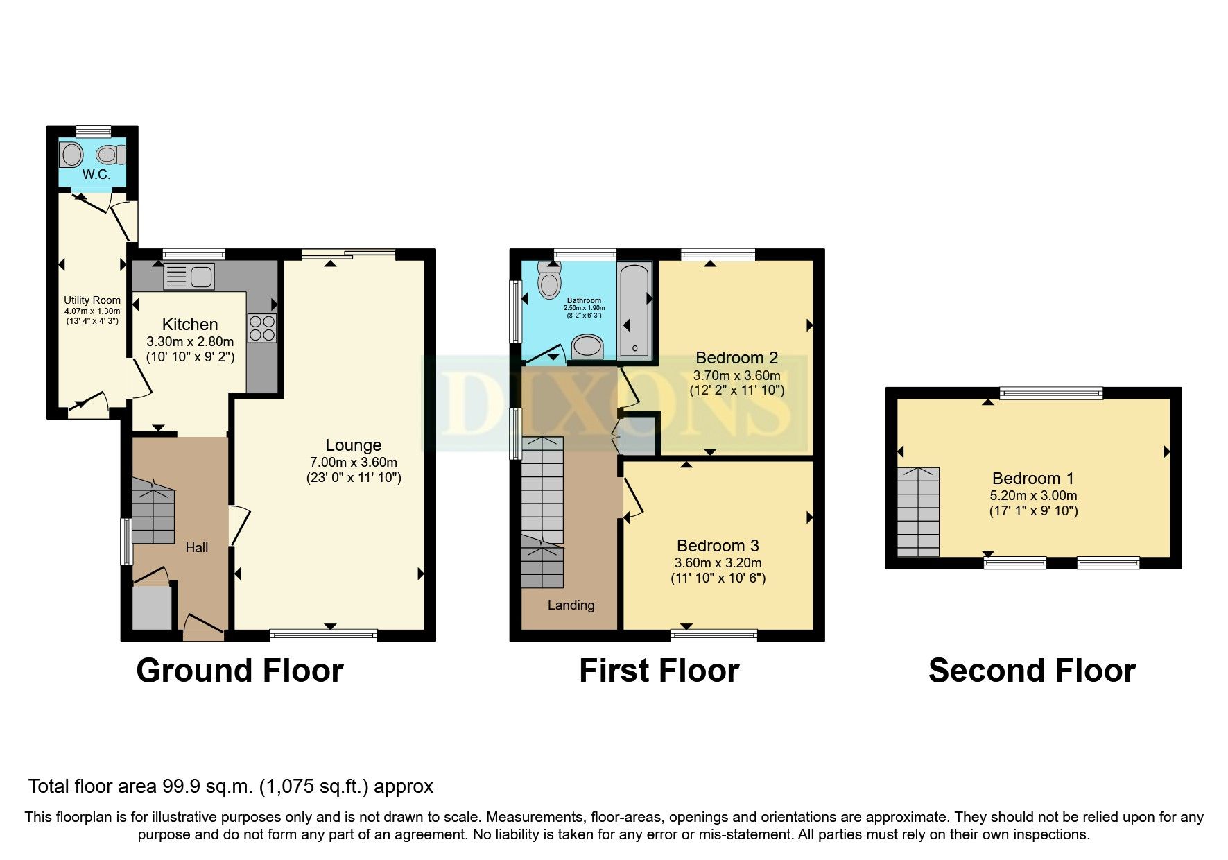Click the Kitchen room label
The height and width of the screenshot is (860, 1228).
click(x=190, y=325)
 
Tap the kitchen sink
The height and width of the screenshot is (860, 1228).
click(x=189, y=277)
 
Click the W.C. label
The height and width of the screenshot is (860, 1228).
click(x=96, y=175)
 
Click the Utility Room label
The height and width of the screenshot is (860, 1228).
click(x=92, y=300)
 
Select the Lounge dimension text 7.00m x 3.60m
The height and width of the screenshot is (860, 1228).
click(x=354, y=463)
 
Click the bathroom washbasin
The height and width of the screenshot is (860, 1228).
click(x=588, y=347)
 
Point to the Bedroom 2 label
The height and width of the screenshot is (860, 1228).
click(x=736, y=358)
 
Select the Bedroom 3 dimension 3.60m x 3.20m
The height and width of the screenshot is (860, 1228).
click(x=718, y=563)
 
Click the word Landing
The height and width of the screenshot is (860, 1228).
click(x=571, y=605)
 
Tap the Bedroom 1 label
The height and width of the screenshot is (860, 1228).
click(x=1032, y=478)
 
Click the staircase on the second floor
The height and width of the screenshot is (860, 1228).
click(x=918, y=512)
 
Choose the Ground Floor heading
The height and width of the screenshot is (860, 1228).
click(x=240, y=671)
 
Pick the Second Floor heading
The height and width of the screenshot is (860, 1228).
click(x=1032, y=671)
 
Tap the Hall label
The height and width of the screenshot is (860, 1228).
click(x=197, y=547)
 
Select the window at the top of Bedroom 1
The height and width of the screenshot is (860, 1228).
click(x=1051, y=394)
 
